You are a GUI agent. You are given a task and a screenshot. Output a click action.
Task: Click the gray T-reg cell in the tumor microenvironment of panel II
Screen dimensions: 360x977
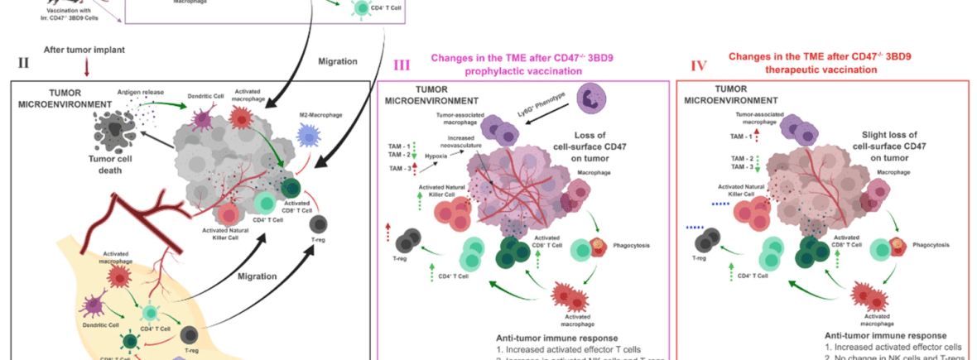click(318, 224)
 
